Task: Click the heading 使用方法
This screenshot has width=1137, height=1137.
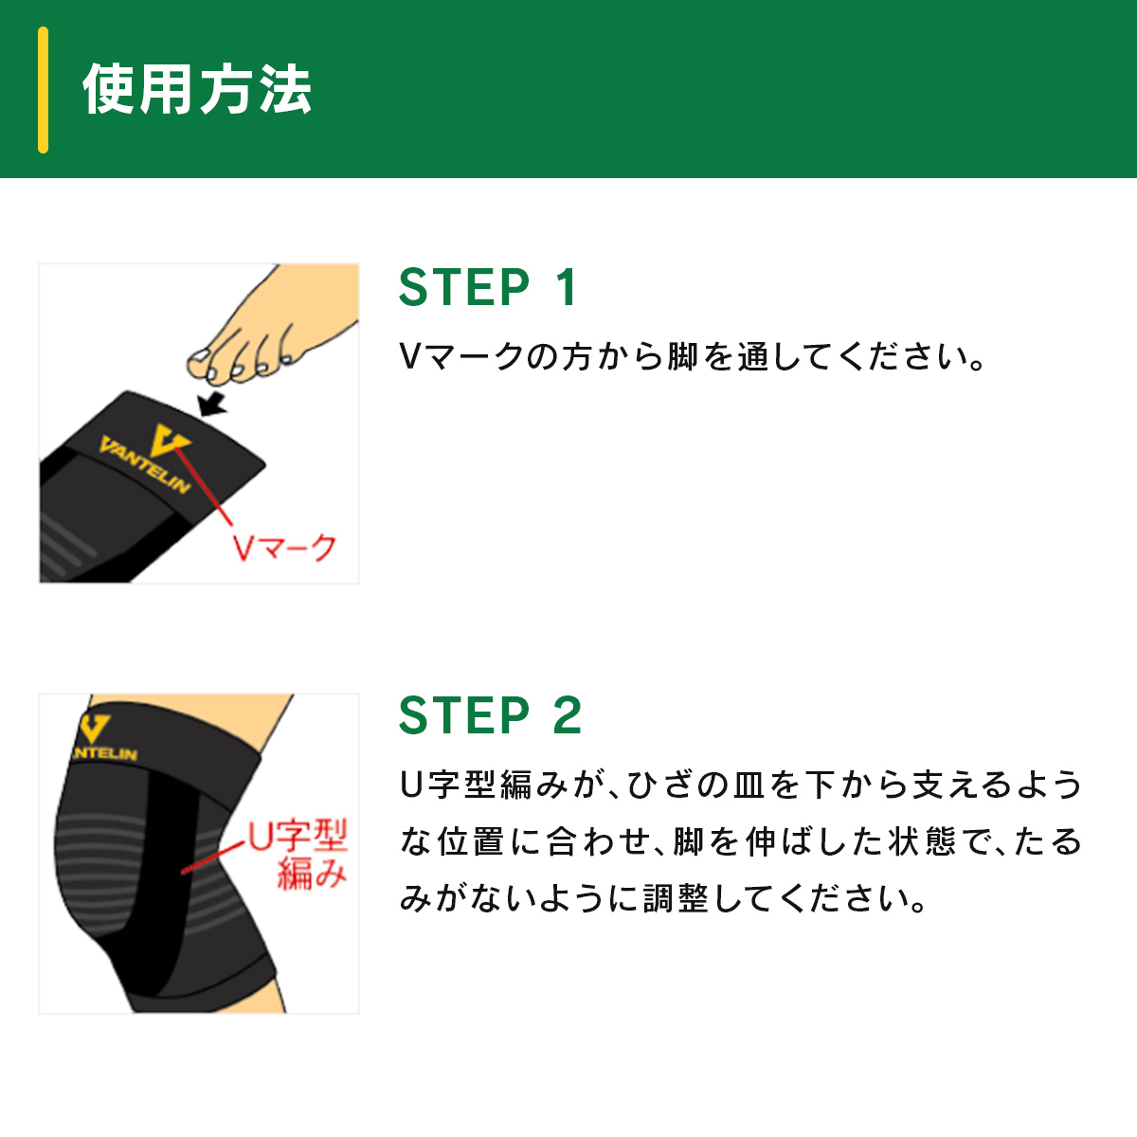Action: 197,89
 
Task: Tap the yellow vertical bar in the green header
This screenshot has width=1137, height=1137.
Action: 43,90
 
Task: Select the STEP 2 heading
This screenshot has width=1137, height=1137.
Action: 490,715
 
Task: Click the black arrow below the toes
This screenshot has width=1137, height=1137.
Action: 211,405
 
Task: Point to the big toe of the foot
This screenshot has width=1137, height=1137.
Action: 201,362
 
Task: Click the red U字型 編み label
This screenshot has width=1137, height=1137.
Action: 297,854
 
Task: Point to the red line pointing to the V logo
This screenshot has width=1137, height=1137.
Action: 203,486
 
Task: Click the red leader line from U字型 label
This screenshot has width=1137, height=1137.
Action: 213,857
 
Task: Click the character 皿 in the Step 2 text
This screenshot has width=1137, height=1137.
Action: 749,785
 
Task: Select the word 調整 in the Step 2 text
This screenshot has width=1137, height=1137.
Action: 676,898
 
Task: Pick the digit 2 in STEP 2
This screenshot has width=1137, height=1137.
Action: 567,715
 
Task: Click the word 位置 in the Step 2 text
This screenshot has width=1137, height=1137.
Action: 470,842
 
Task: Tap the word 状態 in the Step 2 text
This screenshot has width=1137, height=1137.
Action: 922,842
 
